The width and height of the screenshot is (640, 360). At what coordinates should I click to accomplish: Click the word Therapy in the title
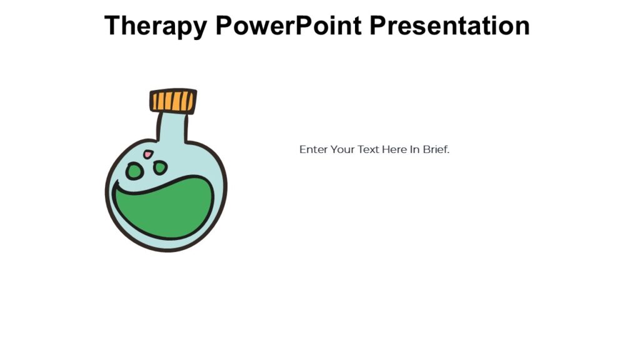click(156, 26)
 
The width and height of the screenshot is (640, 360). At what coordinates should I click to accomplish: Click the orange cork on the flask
click(173, 101)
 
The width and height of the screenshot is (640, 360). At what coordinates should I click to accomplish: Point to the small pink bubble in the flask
click(148, 154)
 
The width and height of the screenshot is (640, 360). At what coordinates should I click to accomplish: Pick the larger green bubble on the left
click(134, 171)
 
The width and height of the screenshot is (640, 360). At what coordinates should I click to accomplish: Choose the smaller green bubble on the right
click(160, 167)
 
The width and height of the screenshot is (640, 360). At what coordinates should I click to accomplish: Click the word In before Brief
click(414, 150)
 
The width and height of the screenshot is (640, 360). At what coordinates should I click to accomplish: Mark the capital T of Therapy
click(112, 26)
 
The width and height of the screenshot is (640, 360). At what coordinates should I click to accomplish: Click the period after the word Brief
click(448, 153)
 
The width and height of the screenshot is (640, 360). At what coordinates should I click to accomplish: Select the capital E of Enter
click(302, 150)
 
